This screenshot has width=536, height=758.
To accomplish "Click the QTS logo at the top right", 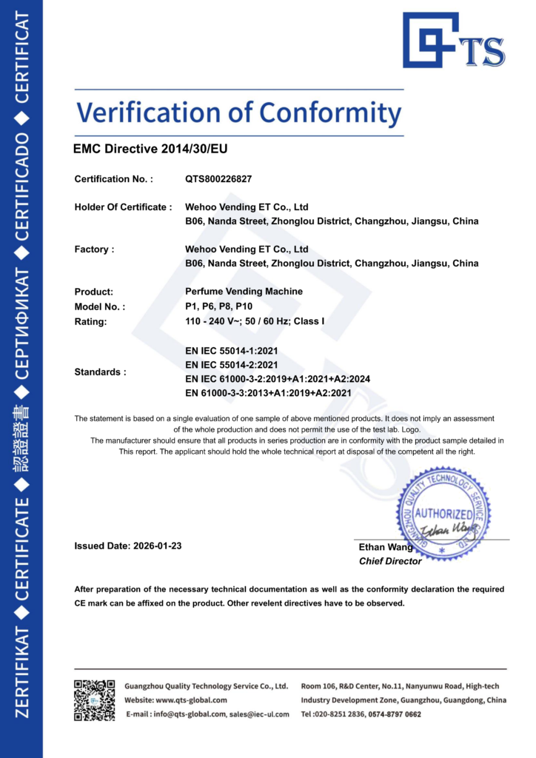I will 453,41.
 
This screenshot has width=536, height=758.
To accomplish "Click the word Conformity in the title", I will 330,113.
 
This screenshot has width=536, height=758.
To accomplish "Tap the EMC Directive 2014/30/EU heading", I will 150,149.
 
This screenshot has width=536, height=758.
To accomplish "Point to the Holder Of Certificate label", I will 123,207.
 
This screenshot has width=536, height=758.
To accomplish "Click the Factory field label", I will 94,249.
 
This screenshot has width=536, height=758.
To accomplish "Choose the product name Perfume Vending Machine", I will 244,292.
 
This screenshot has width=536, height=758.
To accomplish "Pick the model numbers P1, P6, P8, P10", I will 219,306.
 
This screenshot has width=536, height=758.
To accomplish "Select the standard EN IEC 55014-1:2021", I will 231,350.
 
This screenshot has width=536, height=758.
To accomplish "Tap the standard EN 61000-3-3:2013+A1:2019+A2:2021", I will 268,393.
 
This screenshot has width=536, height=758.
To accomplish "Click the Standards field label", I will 100,372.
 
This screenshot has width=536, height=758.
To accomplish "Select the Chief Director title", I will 390,561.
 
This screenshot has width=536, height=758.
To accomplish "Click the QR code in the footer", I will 94,700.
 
